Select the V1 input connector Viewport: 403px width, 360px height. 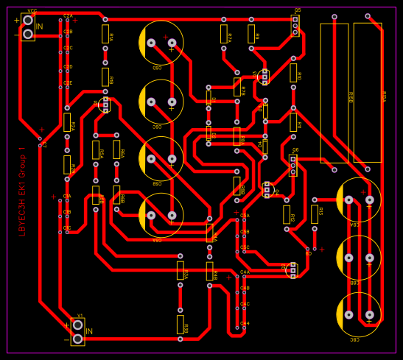coord(77,331)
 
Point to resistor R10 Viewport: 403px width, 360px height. coord(293,72)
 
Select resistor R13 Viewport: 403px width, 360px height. coord(315,213)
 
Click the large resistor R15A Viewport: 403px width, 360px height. coord(368,92)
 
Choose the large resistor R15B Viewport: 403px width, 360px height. coord(334,92)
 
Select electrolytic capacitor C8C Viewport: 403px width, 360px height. coord(161,101)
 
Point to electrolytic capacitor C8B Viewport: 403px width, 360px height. coord(161,158)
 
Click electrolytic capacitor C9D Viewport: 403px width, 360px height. coord(161,43)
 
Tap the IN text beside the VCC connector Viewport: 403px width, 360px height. coord(40,27)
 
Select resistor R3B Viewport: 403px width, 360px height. coord(209,271)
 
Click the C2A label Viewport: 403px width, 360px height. coord(68,15)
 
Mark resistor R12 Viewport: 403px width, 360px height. coord(287,214)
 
